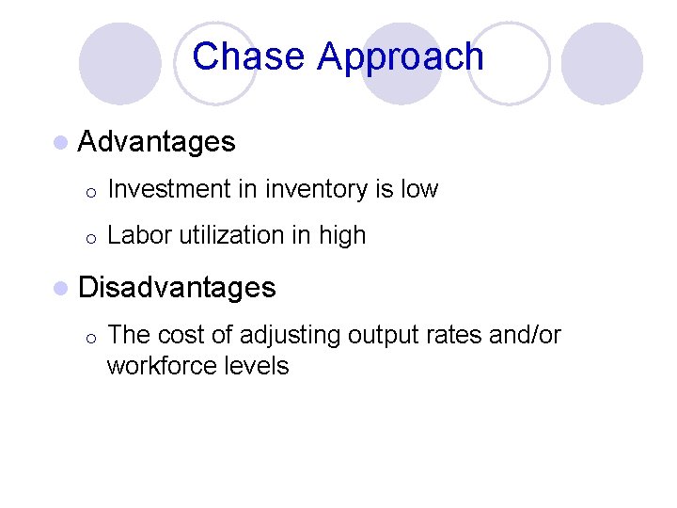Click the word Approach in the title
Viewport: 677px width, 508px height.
[401, 58]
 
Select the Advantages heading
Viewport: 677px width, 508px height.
[157, 142]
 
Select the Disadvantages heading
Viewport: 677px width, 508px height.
[177, 287]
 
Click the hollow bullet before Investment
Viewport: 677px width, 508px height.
[87, 191]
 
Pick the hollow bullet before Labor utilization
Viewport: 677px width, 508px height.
[87, 237]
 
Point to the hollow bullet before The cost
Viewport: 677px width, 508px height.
[87, 337]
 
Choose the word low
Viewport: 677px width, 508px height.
[419, 189]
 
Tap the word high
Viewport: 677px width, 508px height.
[341, 235]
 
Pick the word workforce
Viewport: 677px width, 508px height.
[161, 365]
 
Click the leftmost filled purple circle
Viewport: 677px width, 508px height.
[119, 63]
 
